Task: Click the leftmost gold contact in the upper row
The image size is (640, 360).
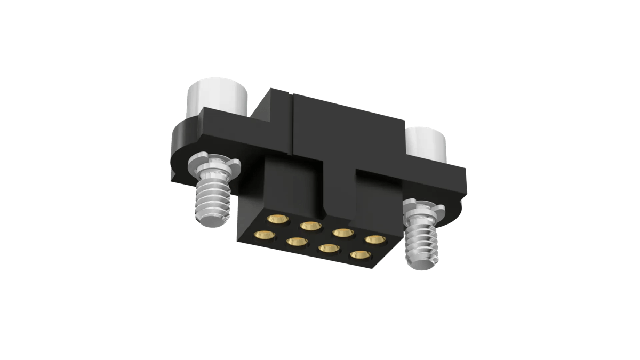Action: [x=277, y=219]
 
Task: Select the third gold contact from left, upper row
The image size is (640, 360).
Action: [x=343, y=233]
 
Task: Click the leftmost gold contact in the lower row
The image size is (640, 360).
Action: [x=264, y=235]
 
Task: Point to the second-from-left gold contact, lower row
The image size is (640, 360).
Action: [x=297, y=242]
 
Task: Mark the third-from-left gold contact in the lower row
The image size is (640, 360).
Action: [x=330, y=249]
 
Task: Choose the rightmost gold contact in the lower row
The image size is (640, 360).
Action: [x=360, y=255]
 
